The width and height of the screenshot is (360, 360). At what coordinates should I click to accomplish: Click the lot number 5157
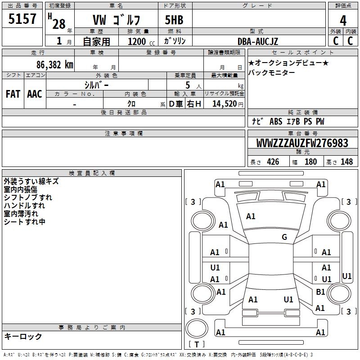[22, 19]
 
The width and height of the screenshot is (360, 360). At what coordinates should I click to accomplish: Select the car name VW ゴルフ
[116, 20]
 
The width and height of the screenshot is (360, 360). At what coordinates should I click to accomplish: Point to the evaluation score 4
[343, 20]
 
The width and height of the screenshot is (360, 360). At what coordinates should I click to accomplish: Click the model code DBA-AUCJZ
[258, 41]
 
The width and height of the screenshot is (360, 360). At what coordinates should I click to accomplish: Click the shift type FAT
[13, 94]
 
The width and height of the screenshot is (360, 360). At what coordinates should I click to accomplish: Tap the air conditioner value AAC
[34, 94]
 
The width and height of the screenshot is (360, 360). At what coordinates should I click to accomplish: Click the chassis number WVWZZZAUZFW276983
[302, 143]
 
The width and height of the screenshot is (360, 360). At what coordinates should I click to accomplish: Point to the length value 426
[272, 162]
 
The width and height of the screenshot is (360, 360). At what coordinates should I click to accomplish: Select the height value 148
[346, 162]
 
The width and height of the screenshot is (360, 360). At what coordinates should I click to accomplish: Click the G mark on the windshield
[284, 237]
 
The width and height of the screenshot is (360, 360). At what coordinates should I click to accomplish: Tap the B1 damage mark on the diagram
[320, 292]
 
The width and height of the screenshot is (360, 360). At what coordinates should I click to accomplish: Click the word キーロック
[23, 337]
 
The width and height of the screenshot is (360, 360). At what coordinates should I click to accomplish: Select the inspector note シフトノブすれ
[28, 198]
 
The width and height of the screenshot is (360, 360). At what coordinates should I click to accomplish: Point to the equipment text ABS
[275, 121]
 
